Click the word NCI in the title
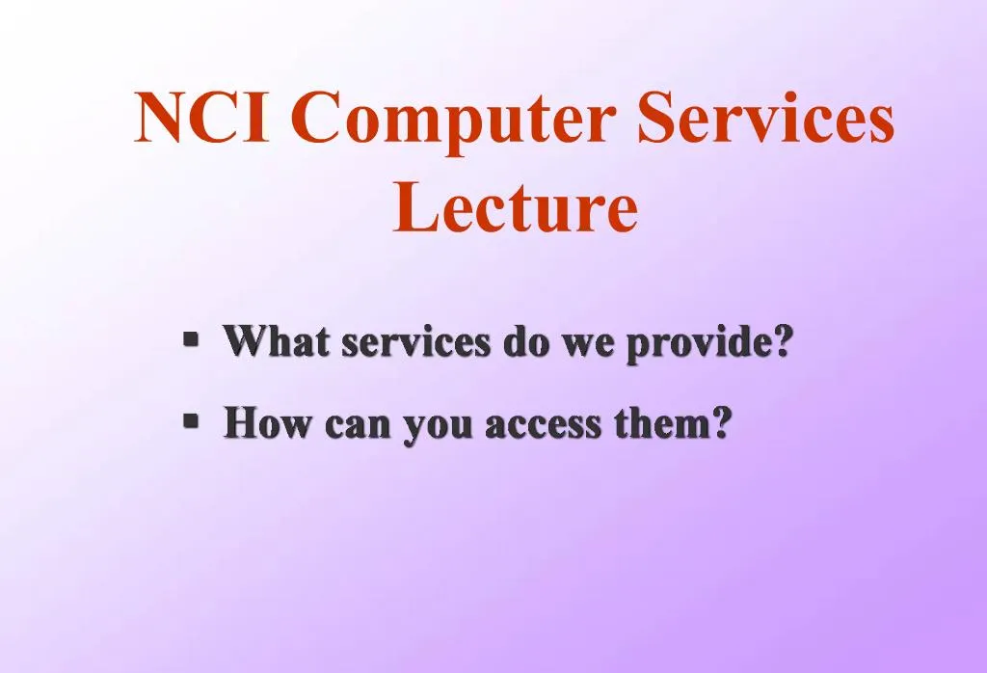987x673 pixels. click(200, 119)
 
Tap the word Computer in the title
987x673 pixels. click(453, 121)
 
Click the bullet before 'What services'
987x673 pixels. click(191, 338)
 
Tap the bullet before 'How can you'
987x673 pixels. click(191, 419)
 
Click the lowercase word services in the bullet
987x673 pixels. click(416, 343)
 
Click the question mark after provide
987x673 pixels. click(783, 341)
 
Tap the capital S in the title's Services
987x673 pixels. click(656, 119)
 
